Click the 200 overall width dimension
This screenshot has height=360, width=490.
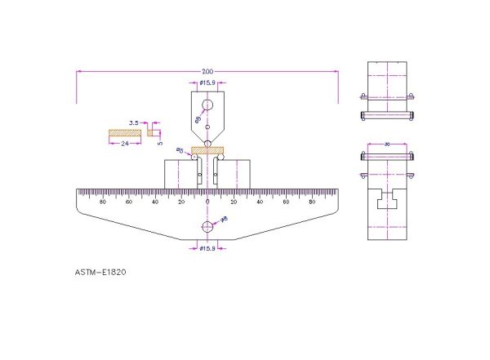pos(207,69)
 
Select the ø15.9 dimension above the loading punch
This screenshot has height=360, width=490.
pos(207,82)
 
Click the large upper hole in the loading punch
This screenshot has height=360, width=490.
pos(207,105)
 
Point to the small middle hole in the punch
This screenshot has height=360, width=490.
pos(207,127)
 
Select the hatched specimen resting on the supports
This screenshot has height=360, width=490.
pos(207,150)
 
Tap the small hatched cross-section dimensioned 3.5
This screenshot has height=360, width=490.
pos(152,131)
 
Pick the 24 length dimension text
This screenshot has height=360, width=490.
pos(125,143)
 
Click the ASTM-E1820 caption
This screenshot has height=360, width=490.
pos(100,273)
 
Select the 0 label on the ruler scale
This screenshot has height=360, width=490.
pos(207,201)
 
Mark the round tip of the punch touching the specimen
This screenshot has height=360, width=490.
pos(207,144)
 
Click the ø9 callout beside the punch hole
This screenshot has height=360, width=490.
pos(197,119)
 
